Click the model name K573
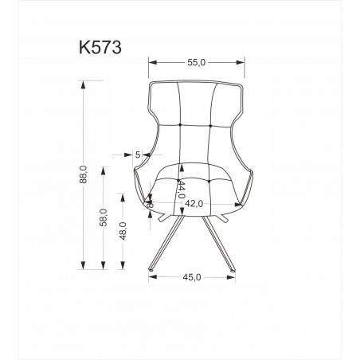point(100,48)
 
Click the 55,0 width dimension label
point(197,62)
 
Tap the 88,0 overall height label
point(83,174)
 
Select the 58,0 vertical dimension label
point(104,217)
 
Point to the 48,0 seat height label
point(123,231)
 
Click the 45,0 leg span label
point(192,277)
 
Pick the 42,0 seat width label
point(194,204)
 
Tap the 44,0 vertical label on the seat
point(182,190)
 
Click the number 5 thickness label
point(138,155)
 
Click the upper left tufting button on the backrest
point(180,124)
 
